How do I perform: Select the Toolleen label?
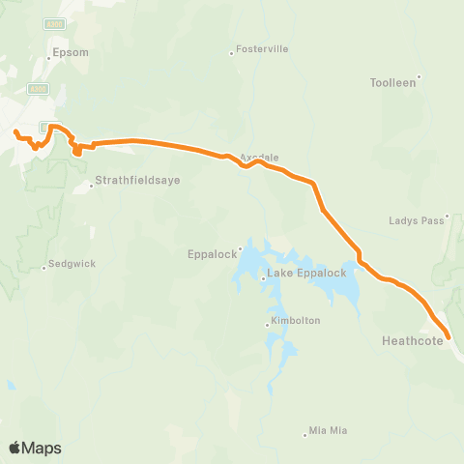[392, 83]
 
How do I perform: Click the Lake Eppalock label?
[305, 274]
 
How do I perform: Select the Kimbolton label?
[295, 320]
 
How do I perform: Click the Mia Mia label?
[327, 430]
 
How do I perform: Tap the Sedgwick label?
[72, 263]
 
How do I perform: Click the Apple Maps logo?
[36, 448]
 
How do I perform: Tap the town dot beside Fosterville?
[231, 53]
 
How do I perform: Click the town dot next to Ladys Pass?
[448, 217]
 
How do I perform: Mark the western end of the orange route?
[16, 131]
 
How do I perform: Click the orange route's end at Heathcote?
[449, 337]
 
